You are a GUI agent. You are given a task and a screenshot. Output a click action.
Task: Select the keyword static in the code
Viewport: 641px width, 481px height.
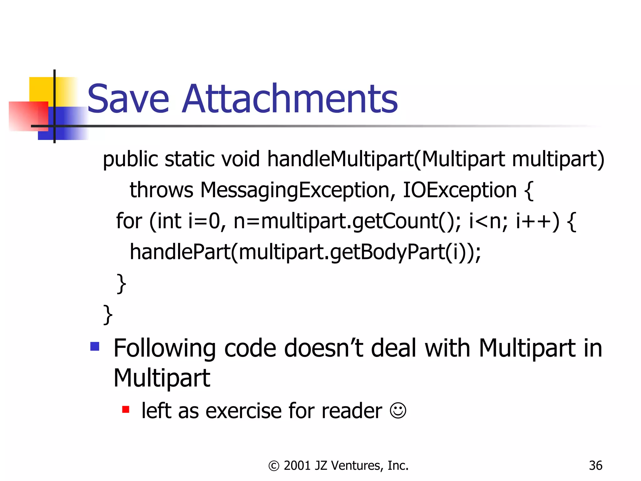click(x=190, y=159)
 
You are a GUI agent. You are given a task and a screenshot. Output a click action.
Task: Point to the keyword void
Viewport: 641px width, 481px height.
click(x=241, y=159)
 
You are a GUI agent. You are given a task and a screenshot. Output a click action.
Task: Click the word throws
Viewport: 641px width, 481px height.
click(x=162, y=190)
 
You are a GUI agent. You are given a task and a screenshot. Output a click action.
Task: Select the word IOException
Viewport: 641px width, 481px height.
click(x=459, y=190)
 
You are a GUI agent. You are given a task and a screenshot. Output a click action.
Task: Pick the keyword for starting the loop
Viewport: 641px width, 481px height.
click(x=129, y=221)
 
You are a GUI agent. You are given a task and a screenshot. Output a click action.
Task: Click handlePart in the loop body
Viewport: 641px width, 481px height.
click(x=180, y=252)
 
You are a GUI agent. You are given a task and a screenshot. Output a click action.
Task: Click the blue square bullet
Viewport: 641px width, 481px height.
click(x=95, y=346)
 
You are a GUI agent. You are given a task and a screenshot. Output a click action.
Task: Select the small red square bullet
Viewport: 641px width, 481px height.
click(x=126, y=409)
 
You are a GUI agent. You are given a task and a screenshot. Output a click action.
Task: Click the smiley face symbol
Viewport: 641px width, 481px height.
click(x=398, y=410)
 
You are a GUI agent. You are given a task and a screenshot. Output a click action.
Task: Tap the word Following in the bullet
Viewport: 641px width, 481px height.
click(x=165, y=349)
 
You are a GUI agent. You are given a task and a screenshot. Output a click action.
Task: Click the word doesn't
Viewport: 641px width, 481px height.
click(x=324, y=348)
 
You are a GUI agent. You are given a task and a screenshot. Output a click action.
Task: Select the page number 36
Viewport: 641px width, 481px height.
click(x=595, y=466)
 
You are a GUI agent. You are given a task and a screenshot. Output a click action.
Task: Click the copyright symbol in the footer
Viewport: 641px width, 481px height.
click(x=274, y=466)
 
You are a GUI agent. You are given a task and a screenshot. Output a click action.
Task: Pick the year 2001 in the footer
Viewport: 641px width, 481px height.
click(x=297, y=466)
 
